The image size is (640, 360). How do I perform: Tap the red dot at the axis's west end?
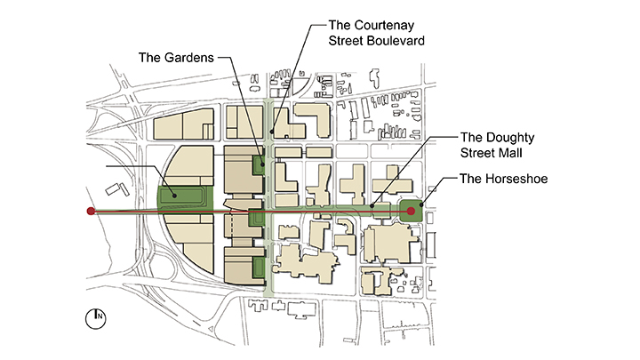[x=90, y=212]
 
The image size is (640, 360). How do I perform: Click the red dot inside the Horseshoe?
[x=411, y=212]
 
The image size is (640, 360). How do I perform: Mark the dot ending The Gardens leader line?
[x=260, y=164]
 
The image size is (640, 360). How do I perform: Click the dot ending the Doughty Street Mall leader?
[x=372, y=206]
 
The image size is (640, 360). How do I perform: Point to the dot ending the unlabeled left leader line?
[x=175, y=196]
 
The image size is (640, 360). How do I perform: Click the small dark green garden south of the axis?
[x=259, y=267]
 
